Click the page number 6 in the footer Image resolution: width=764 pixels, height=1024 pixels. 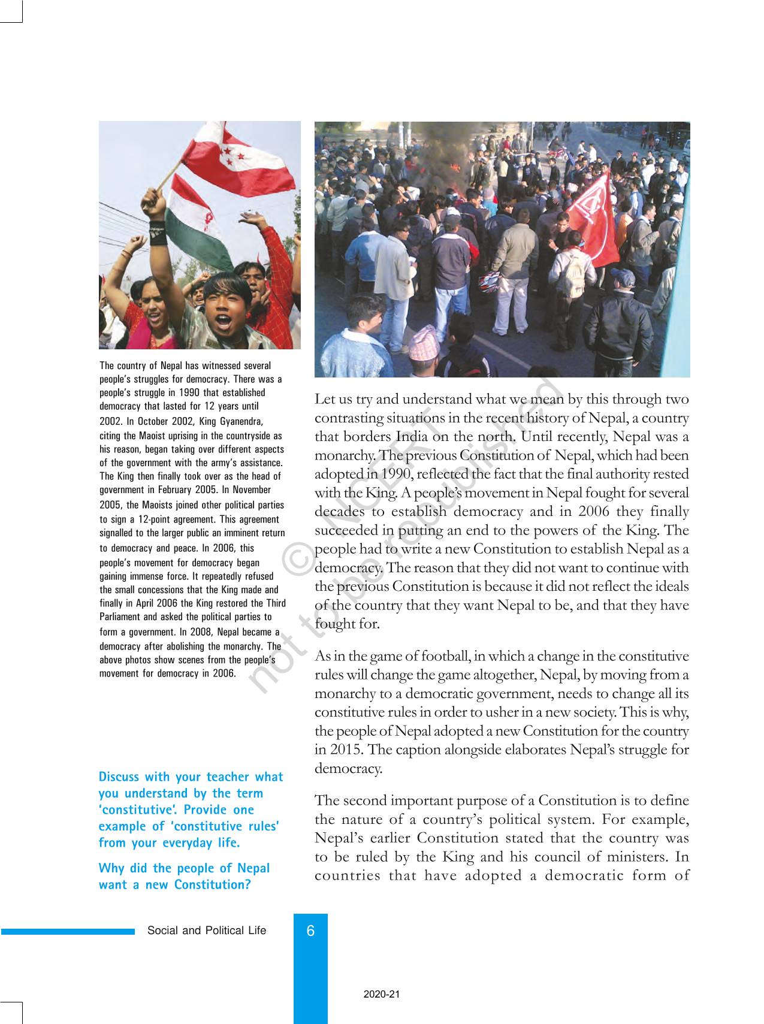[310, 931]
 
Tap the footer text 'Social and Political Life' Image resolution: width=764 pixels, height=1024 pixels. [207, 931]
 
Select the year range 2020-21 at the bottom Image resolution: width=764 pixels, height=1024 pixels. [381, 994]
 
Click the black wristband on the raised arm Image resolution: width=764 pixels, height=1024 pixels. [158, 233]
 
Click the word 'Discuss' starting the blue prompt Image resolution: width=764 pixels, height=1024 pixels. [119, 777]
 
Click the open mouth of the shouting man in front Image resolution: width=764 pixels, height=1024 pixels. [223, 322]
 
